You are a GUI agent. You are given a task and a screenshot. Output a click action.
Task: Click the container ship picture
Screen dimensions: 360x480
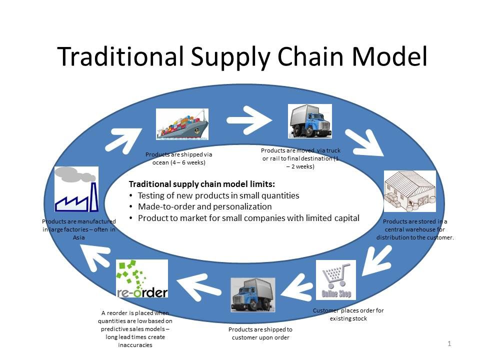pos(182,124)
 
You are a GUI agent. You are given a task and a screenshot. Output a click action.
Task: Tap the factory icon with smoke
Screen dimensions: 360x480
pos(76,189)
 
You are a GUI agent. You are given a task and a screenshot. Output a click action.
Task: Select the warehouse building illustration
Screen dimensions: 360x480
pos(409,191)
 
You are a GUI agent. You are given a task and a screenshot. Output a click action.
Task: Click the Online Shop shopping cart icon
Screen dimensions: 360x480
pos(336,279)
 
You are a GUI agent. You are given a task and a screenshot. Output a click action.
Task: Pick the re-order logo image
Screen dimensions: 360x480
pos(142,278)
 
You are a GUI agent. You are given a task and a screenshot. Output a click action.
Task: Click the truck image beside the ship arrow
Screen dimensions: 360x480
pos(310,121)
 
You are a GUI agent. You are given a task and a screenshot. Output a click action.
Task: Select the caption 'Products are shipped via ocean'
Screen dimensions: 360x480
pos(179,158)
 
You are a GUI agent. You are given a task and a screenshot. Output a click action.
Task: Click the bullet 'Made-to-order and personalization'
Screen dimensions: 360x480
pos(204,206)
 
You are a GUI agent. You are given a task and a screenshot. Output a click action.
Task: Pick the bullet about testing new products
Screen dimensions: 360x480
pos(218,195)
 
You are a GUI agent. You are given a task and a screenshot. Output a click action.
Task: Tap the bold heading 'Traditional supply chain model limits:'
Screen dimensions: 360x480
pos(202,183)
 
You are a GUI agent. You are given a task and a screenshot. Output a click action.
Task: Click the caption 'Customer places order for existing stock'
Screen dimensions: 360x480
pos(348,314)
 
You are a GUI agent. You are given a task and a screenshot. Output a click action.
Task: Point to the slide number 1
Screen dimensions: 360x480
pos(449,343)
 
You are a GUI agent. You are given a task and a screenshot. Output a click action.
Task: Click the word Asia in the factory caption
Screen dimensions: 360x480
pos(78,238)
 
